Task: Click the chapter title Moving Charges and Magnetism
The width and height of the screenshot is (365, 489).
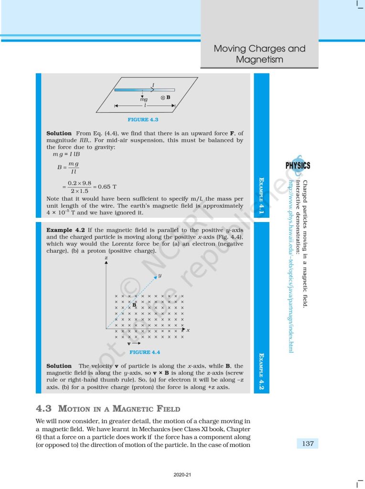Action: pos(259,54)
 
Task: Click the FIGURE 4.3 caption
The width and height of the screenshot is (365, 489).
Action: pos(143,119)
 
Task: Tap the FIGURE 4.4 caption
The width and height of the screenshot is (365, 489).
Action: pos(145,352)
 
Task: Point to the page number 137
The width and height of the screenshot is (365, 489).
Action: pos(308,444)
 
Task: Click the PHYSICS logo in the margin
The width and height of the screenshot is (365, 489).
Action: pos(298,165)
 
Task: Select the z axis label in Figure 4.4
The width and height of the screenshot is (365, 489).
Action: pos(106,258)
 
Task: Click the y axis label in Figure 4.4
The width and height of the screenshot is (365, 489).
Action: pos(160,276)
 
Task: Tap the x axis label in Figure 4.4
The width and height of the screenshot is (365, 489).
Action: pos(188,330)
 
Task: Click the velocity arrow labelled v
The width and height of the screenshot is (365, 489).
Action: pos(134,343)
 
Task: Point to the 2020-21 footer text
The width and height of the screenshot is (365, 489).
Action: pos(182,475)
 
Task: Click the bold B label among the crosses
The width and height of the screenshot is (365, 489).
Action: pos(135,304)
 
